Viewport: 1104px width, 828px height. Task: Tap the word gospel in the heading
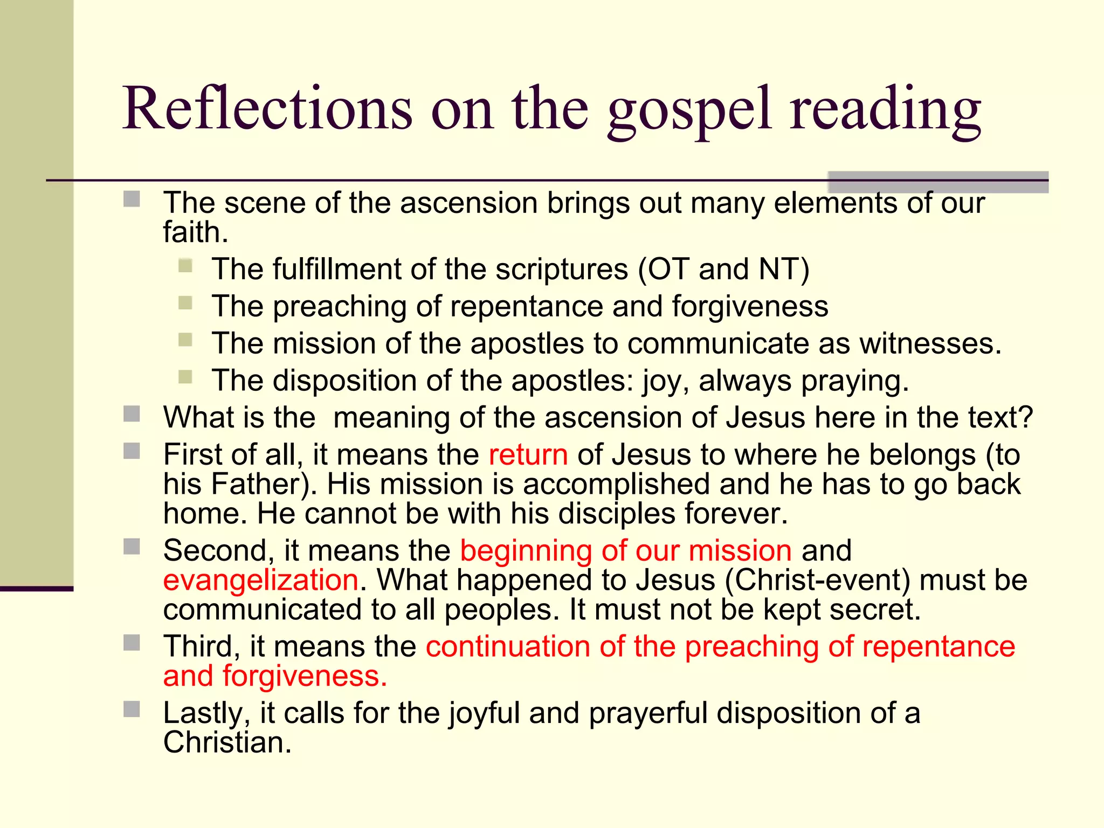[689, 111]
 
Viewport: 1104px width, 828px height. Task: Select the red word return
[528, 454]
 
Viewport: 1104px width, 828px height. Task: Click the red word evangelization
[261, 580]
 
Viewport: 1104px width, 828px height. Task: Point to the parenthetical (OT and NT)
[723, 269]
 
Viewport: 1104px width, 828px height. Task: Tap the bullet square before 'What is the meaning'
[132, 414]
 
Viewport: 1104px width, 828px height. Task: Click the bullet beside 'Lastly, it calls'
[132, 709]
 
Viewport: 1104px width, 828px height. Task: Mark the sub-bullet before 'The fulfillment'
[185, 266]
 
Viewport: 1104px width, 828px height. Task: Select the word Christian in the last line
[226, 742]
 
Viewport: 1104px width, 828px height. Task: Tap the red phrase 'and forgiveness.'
[275, 676]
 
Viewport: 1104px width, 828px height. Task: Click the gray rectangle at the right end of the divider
[937, 182]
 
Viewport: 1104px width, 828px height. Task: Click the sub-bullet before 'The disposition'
[185, 377]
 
